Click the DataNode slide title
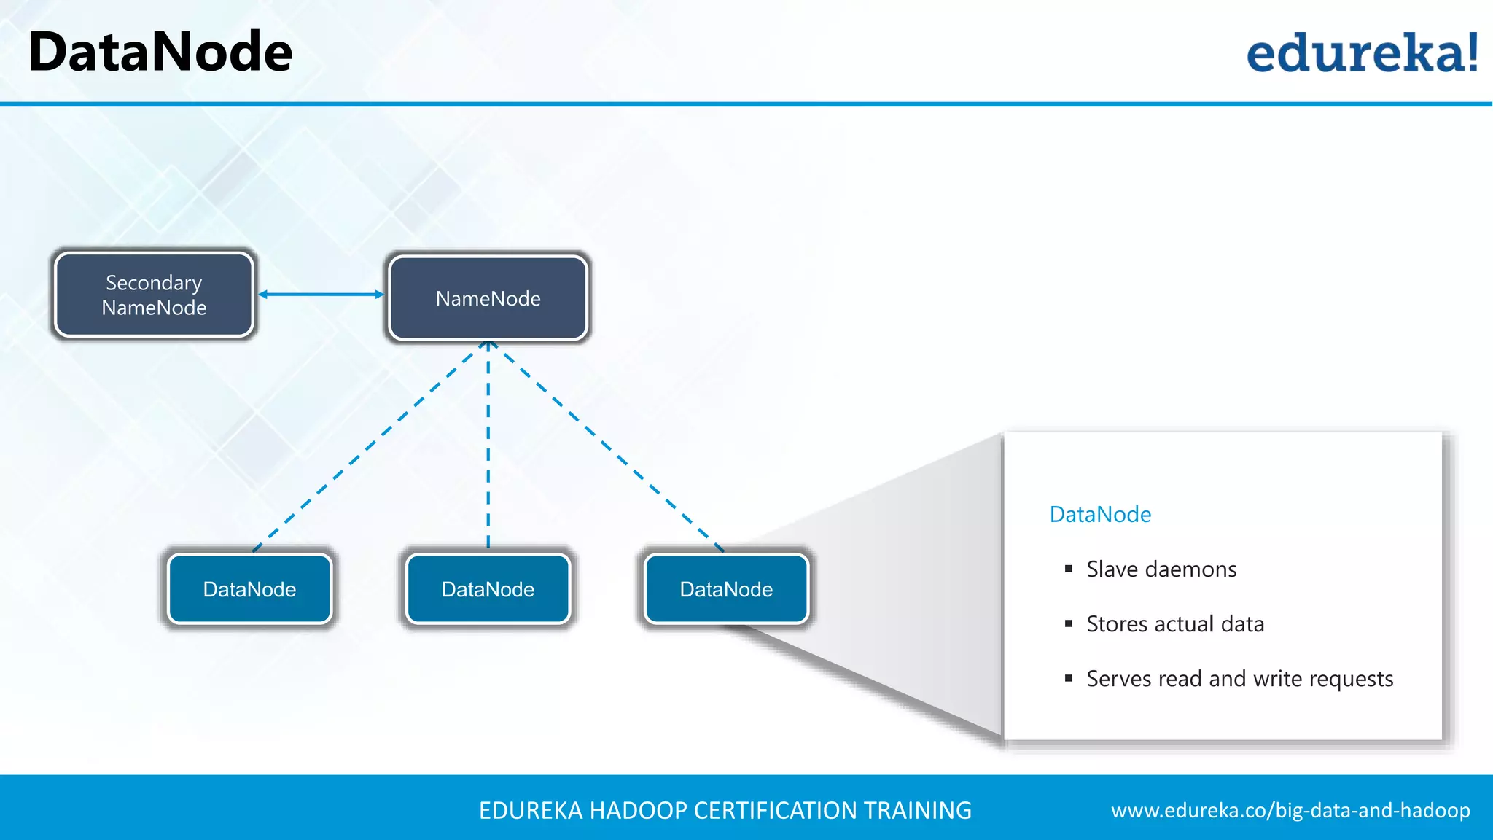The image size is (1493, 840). coord(160,52)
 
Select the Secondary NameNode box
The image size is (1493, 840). coord(154,295)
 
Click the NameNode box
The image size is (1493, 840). coord(488,298)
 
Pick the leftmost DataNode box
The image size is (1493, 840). coord(249,589)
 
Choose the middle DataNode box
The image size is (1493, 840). coord(488,589)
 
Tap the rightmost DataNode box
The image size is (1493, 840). coord(726,589)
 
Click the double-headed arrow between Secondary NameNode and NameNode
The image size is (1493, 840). coord(321,295)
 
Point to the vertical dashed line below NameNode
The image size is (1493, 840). coord(488,445)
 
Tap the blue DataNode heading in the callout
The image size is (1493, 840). coord(1100,515)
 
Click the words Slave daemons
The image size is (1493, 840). coord(1161,569)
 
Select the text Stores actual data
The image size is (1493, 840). coord(1175,624)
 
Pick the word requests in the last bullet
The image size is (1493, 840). coord(1351,680)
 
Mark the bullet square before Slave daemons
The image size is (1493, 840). coord(1069,569)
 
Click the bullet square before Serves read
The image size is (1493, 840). coord(1069,678)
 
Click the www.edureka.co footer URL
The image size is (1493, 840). coord(1290,811)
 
